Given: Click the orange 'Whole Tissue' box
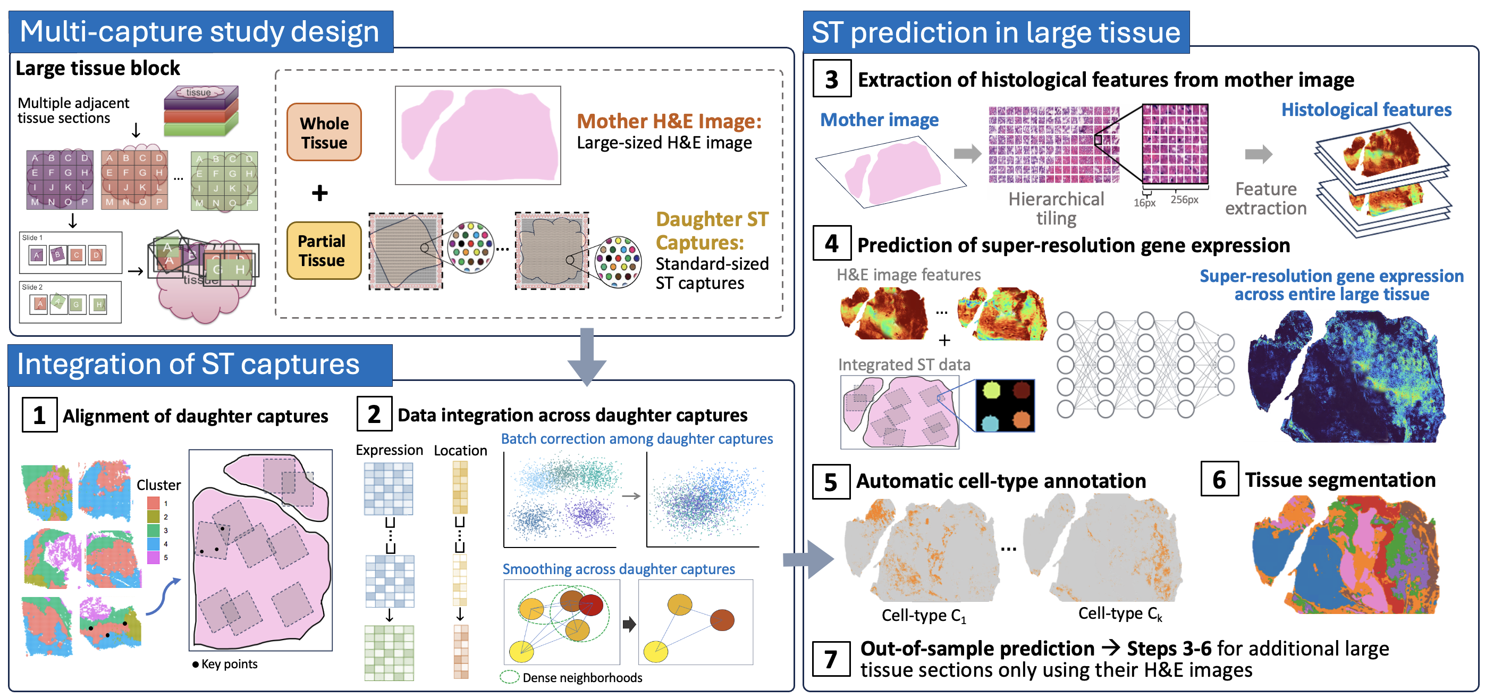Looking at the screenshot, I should [x=324, y=132].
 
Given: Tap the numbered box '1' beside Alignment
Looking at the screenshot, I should [x=39, y=415].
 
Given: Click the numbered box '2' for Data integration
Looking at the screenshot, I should [x=374, y=414].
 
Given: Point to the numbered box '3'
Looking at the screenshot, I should [x=831, y=79].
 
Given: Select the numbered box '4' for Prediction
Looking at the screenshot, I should [x=831, y=244].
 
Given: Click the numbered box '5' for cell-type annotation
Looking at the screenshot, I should [x=831, y=481].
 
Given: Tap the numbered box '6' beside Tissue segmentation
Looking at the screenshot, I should [x=1219, y=479].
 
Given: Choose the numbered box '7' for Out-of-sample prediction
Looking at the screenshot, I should [x=831, y=658].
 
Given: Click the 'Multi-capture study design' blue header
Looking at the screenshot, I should [x=200, y=32].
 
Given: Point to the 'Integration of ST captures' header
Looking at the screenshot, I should [x=189, y=364].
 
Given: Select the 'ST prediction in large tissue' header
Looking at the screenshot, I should [x=995, y=32].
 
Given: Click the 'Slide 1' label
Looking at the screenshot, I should [x=32, y=238].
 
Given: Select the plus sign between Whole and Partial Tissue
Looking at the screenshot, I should [x=320, y=193].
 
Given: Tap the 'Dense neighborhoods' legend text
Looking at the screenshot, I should [x=582, y=677].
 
